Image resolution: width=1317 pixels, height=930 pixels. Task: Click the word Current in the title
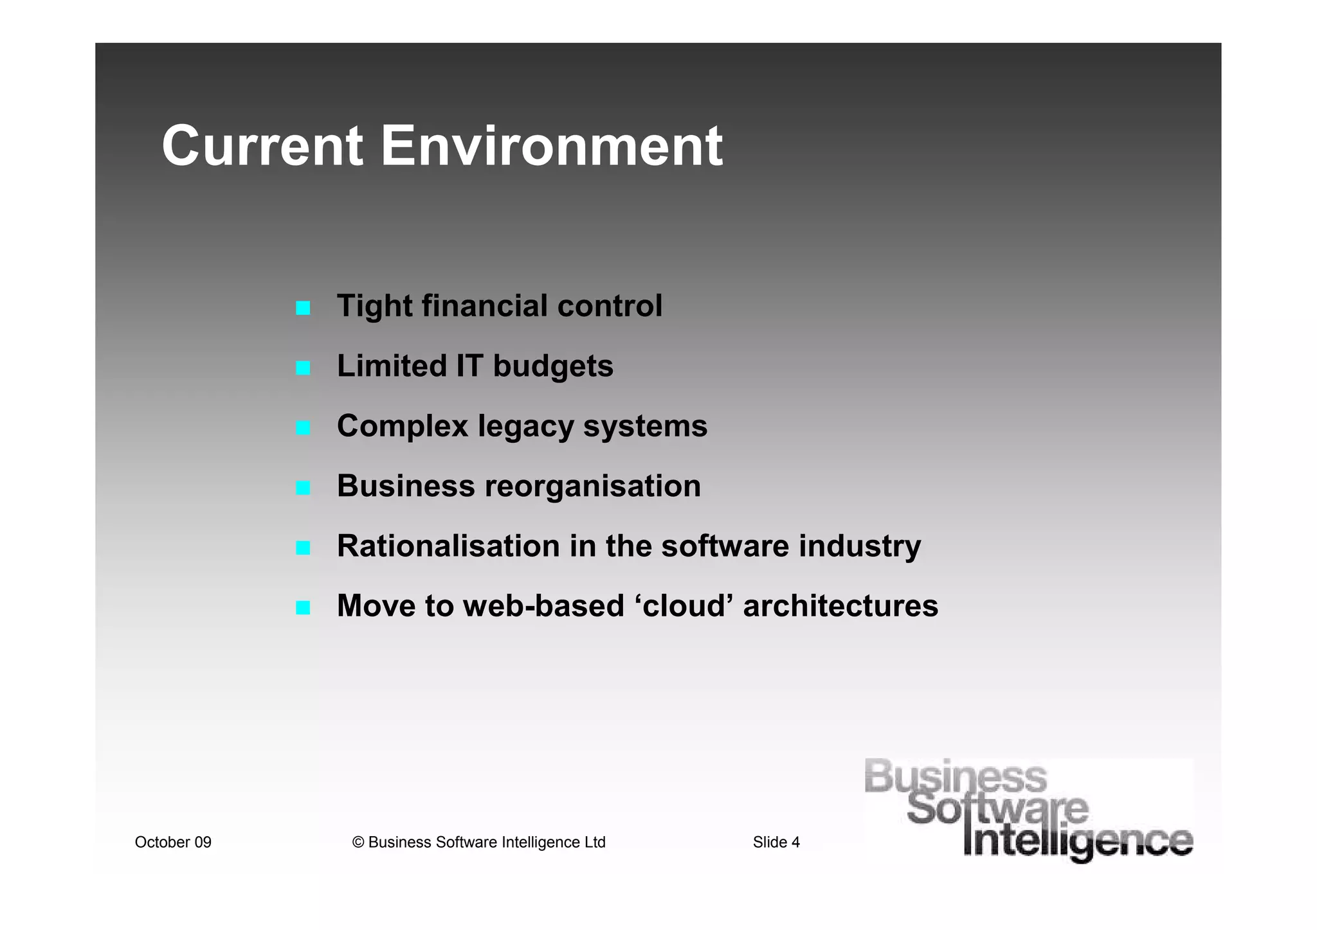[262, 147]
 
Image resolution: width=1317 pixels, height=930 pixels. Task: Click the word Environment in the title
[551, 147]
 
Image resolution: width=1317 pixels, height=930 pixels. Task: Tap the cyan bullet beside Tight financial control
[303, 309]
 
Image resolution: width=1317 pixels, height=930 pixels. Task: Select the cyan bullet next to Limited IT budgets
[303, 368]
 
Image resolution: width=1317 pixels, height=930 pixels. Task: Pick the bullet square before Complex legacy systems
[303, 428]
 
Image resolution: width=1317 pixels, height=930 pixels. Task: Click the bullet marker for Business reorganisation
[303, 488]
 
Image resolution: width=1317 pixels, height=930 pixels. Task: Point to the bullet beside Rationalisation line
[303, 548]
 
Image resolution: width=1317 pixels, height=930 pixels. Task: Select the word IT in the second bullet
[469, 366]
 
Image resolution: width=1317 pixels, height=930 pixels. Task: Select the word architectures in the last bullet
[840, 606]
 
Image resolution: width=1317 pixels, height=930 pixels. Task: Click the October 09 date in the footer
[173, 843]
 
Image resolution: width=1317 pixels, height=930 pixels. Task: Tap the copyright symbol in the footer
[358, 843]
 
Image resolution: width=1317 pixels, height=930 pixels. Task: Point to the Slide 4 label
[776, 843]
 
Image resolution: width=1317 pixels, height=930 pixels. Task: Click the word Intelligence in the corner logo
[1078, 842]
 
